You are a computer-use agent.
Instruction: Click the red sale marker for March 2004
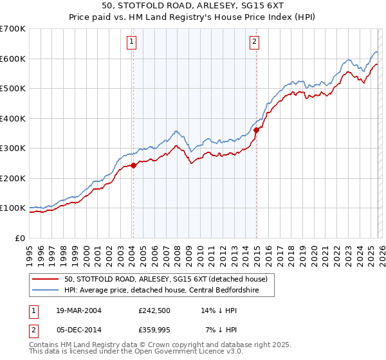(133, 165)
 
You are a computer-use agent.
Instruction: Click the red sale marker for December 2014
(256, 130)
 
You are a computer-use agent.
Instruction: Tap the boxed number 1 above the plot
(131, 42)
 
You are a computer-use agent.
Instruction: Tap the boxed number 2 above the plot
(254, 42)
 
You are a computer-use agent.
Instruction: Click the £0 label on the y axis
(21, 238)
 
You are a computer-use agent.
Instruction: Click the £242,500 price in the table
(154, 310)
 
